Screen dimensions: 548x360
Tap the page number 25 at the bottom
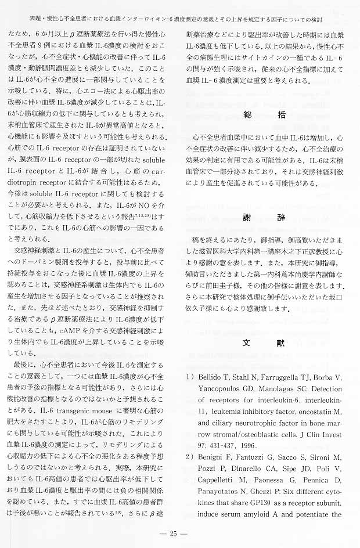180,533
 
